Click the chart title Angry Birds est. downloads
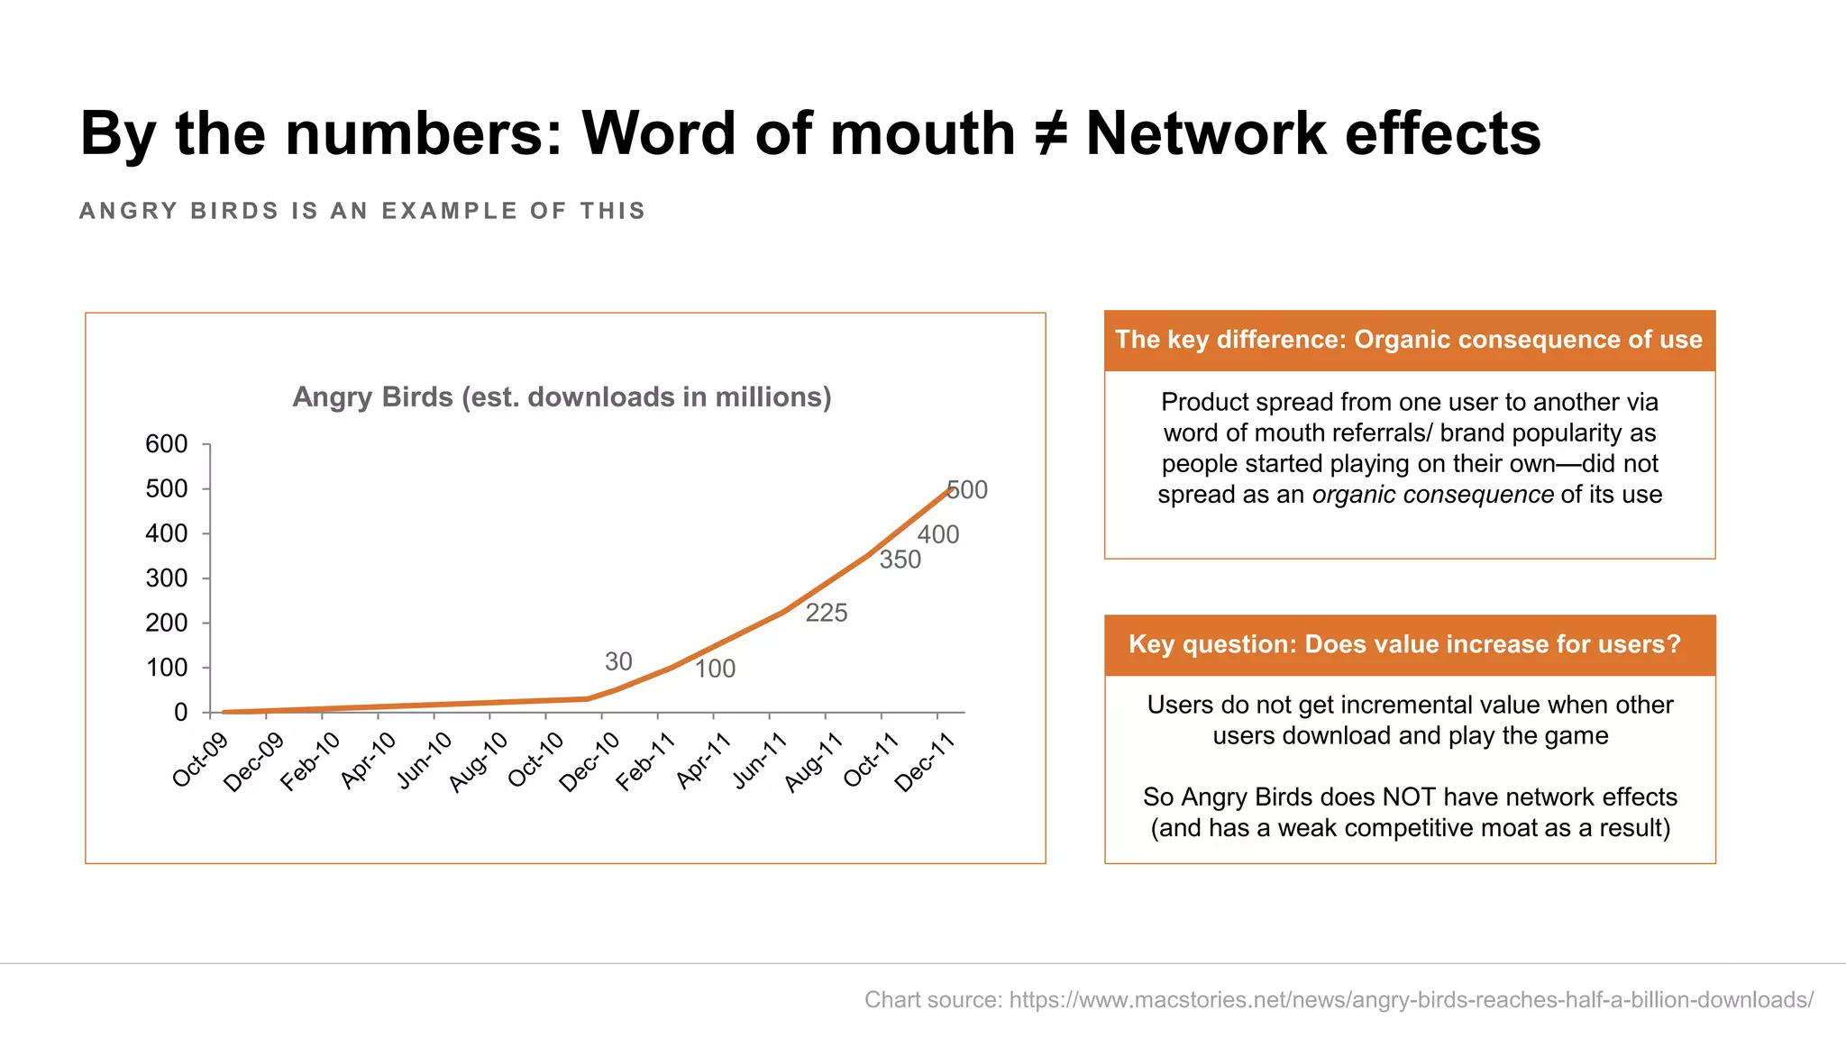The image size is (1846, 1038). point(562,397)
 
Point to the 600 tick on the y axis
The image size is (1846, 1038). point(167,444)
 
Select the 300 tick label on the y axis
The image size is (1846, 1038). point(167,578)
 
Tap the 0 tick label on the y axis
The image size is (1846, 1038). point(180,713)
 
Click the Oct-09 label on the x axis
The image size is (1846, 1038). point(200,760)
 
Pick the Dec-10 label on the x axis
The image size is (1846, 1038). point(589,762)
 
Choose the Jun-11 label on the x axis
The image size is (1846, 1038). point(760,761)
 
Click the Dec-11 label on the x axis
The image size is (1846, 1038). point(925,762)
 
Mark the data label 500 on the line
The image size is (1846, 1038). point(968,490)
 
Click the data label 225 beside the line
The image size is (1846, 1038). point(827,614)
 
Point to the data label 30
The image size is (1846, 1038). point(618,662)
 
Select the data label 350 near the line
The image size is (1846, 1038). point(900,560)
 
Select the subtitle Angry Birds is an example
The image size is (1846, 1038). point(362,211)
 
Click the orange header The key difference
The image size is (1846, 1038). point(1409,340)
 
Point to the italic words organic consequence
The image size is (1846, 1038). point(1432,495)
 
